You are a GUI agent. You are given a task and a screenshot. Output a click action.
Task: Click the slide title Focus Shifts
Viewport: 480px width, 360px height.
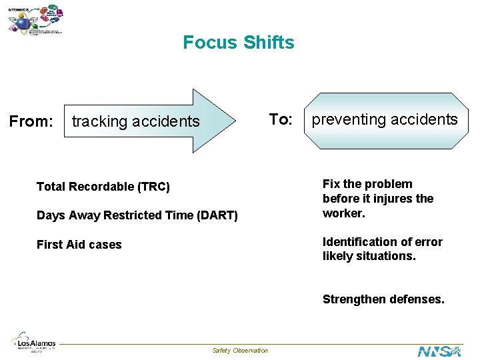[238, 43]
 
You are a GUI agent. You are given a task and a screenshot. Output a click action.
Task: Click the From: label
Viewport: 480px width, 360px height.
[31, 121]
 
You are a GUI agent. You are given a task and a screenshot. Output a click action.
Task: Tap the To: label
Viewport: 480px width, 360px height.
[280, 119]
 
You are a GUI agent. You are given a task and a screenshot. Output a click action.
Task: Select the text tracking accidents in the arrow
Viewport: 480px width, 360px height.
[135, 121]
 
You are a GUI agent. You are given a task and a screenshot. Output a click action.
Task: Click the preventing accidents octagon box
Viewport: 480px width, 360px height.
[385, 120]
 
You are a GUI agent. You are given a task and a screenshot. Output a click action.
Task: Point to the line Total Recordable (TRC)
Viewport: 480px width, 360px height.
[103, 187]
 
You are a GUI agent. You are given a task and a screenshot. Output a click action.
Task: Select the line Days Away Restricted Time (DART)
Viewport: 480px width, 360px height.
[137, 215]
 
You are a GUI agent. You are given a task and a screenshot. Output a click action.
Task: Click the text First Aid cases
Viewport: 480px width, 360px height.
[79, 245]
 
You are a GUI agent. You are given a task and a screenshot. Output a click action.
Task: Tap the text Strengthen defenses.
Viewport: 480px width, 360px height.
[383, 299]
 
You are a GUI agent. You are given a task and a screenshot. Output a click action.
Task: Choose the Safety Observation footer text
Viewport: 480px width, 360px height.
[240, 351]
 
